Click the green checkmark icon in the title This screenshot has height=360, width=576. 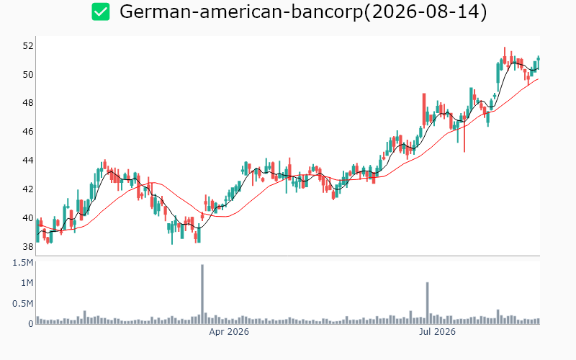coord(101,12)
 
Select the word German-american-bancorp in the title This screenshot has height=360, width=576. coord(241,12)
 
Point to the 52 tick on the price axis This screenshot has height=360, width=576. coord(28,46)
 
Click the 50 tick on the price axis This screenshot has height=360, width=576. coord(28,75)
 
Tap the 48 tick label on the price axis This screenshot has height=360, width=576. coord(28,103)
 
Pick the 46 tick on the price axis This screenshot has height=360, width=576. coord(28,132)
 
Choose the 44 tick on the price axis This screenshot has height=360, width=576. coord(28,160)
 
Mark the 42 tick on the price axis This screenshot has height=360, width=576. coord(28,189)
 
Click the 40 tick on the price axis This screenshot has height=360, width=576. coord(28,218)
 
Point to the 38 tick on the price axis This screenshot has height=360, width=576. coord(28,246)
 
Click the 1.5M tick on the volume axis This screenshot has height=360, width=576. coord(23,263)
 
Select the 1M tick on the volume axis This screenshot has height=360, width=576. coord(27,283)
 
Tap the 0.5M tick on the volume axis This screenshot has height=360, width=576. coord(23,303)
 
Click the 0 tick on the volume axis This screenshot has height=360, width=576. coord(31,323)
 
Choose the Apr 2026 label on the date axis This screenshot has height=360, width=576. coord(229,332)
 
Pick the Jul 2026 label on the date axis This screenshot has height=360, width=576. coord(437,332)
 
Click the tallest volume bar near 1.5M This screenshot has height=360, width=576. coord(202,294)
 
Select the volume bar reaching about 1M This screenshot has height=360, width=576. coord(427,303)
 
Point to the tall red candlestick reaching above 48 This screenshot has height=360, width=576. coord(424,109)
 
